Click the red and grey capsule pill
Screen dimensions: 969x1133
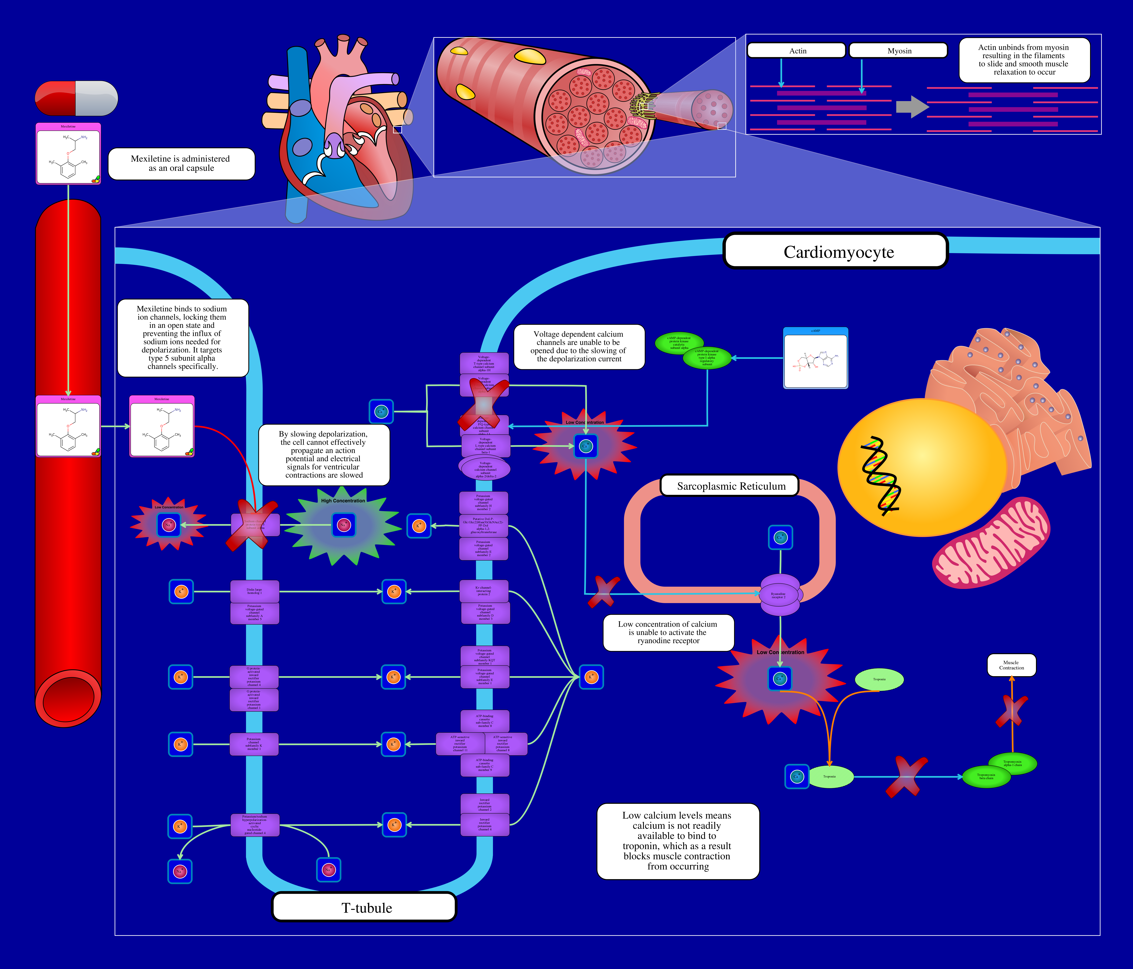tap(77, 98)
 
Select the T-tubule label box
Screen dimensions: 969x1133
tap(364, 907)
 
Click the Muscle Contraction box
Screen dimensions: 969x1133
tap(1011, 665)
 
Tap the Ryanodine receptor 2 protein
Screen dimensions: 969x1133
tap(779, 595)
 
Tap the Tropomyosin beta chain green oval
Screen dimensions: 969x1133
tap(986, 777)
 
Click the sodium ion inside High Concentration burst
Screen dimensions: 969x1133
tap(343, 525)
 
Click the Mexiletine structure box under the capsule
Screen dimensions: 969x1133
tap(68, 154)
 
